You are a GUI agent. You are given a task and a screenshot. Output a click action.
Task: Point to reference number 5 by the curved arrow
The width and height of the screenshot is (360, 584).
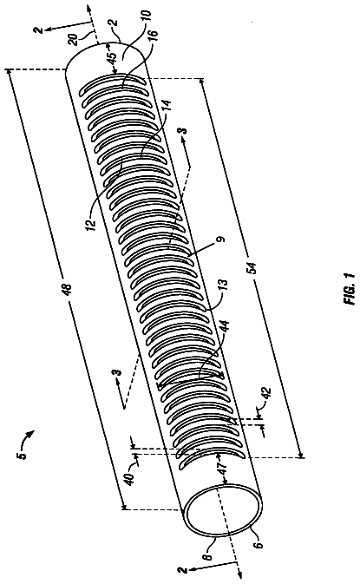tap(22, 454)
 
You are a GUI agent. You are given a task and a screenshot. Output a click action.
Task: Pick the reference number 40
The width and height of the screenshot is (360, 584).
tap(130, 479)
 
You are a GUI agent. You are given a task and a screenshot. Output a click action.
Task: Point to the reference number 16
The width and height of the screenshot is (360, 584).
tap(154, 34)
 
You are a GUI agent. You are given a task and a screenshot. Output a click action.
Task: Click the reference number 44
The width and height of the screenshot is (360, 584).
tap(225, 328)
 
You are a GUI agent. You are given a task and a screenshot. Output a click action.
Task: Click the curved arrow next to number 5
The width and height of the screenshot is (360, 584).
tap(29, 436)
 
